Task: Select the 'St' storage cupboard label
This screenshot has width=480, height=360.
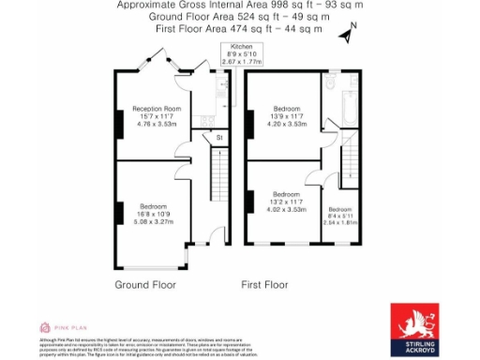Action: (218, 138)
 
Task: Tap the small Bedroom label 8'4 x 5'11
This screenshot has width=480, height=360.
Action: (339, 216)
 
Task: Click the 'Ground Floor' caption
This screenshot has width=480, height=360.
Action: (145, 284)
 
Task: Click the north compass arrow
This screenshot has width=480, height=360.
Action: (348, 35)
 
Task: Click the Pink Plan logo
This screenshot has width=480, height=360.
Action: (58, 327)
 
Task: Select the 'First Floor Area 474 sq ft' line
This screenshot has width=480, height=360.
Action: (238, 29)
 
